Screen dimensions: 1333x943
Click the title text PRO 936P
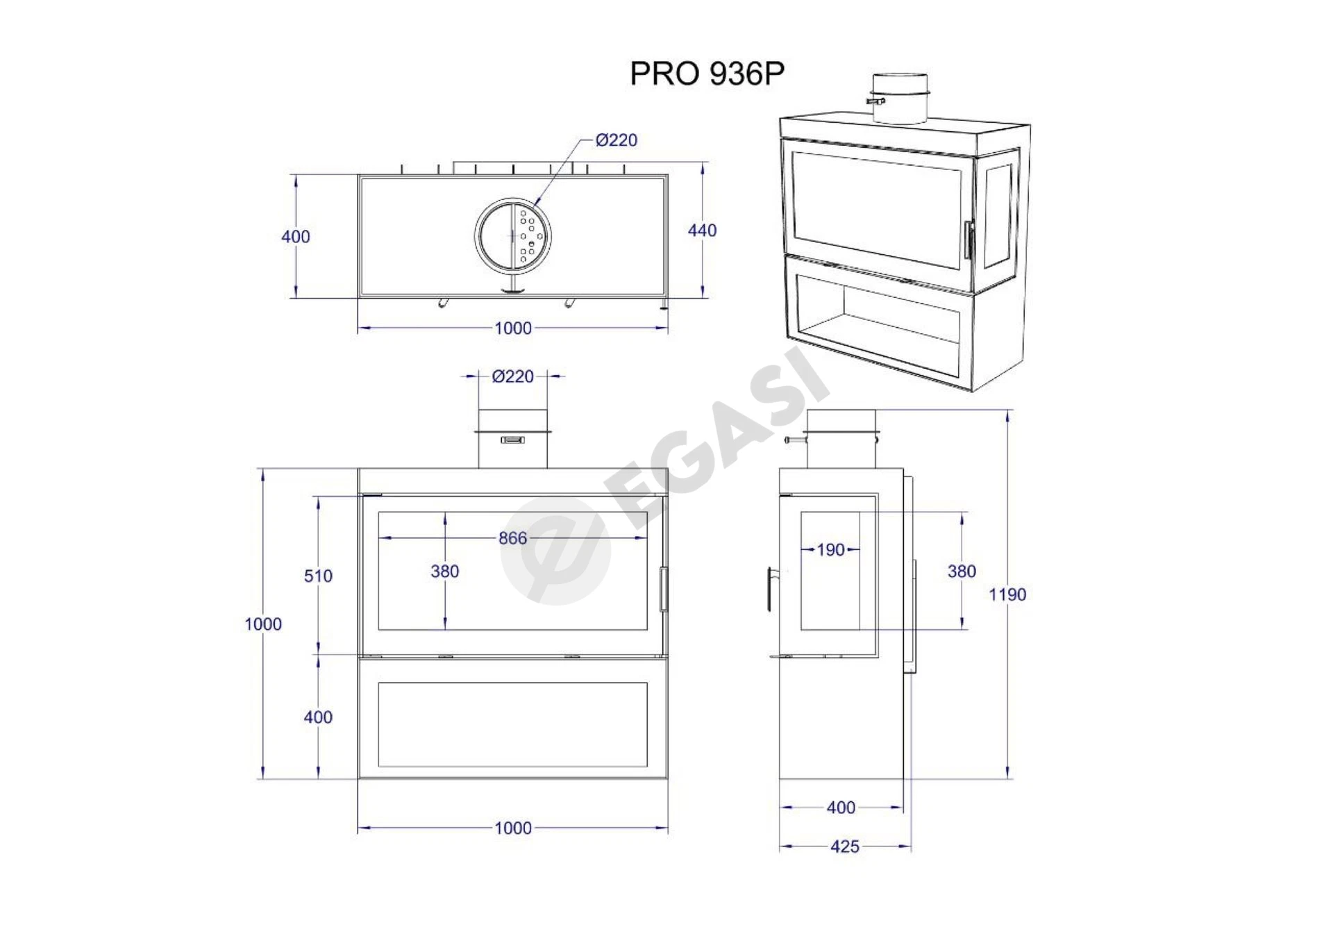[x=707, y=74]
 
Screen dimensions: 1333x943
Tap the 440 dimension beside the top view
[x=702, y=231]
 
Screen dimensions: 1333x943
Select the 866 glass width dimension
[x=512, y=538]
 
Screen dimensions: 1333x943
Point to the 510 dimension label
[x=318, y=576]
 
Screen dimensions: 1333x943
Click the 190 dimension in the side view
[x=830, y=550]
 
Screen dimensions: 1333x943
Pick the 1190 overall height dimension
[x=1007, y=594]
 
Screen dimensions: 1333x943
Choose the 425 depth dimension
[x=845, y=846]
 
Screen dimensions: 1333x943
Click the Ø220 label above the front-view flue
[x=513, y=376]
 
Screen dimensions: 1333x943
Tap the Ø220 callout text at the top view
[x=617, y=140]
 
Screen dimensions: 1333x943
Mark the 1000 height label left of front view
[x=263, y=624]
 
